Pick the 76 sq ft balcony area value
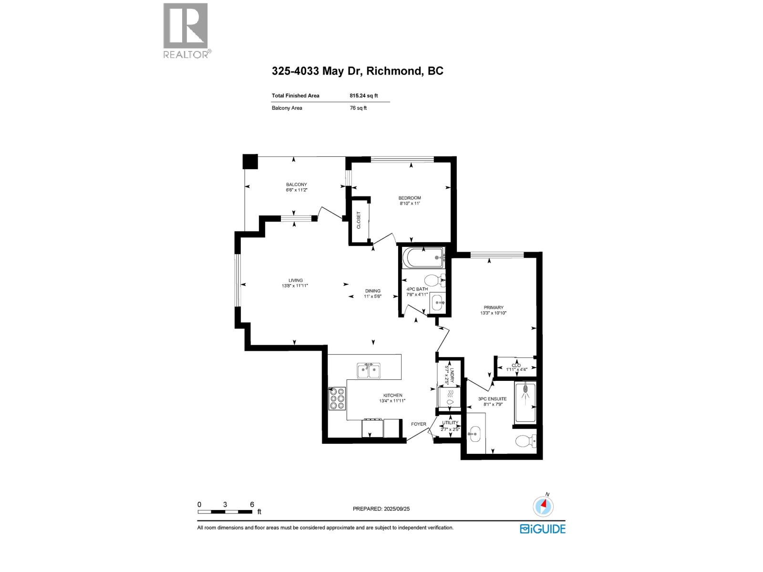[358, 108]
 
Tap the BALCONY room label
[296, 184]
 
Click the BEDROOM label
[410, 198]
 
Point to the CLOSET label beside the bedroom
[359, 220]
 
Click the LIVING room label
[295, 280]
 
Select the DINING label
[373, 291]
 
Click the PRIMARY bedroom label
[494, 307]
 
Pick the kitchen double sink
[369, 370]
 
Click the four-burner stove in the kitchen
[337, 398]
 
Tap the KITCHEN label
[393, 395]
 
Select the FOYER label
[419, 424]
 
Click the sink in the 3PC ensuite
[474, 435]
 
